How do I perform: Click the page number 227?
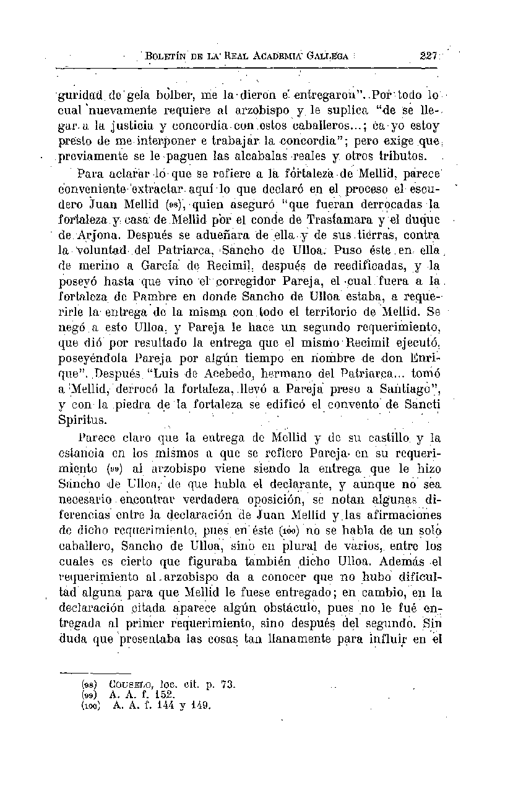[x=428, y=55]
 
